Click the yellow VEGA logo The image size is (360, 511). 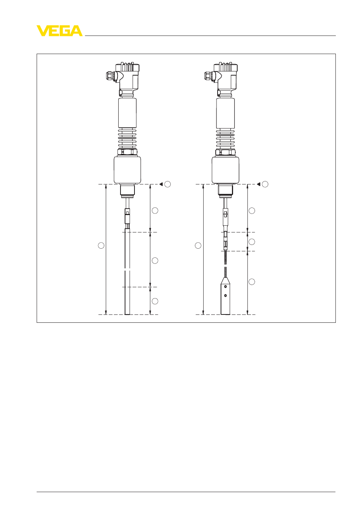point(60,31)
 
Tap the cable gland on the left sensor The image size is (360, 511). point(111,76)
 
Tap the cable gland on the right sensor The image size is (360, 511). point(209,76)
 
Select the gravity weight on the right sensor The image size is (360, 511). point(225,296)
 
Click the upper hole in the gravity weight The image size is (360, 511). point(225,286)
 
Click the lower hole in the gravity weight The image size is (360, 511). point(225,296)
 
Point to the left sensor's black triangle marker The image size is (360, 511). point(161,184)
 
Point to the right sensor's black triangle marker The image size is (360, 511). point(258,184)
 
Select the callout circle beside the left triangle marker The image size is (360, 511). point(168,184)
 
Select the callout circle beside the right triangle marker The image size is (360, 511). point(265,184)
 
